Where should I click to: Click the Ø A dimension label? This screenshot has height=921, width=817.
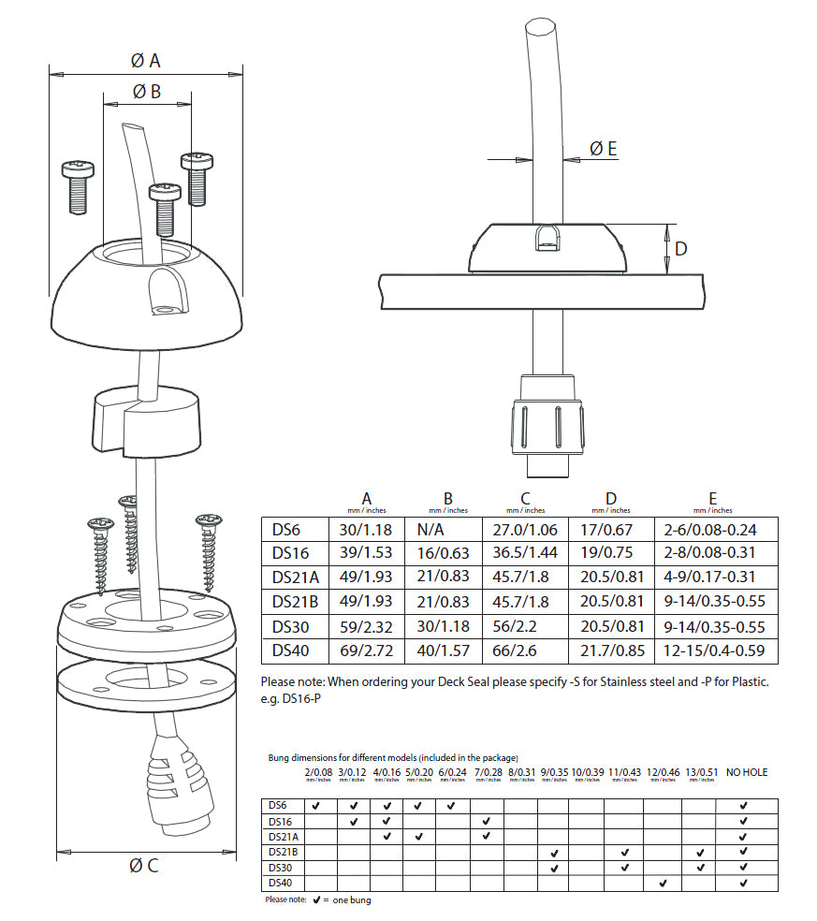(145, 61)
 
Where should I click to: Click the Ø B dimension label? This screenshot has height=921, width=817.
(146, 91)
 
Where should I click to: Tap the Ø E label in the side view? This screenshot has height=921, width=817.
(604, 148)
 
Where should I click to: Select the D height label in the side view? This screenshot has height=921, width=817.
(681, 249)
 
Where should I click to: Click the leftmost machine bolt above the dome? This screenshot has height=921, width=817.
(77, 186)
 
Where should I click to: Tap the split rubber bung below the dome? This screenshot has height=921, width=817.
(146, 421)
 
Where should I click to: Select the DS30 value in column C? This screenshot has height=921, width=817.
(525, 626)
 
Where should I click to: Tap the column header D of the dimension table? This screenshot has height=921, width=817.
(611, 498)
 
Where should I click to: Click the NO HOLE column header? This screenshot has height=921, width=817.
(746, 772)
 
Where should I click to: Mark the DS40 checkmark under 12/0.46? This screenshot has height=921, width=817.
(663, 883)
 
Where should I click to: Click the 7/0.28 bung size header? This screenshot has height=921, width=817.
(488, 772)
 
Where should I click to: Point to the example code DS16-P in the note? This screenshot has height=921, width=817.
(299, 700)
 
